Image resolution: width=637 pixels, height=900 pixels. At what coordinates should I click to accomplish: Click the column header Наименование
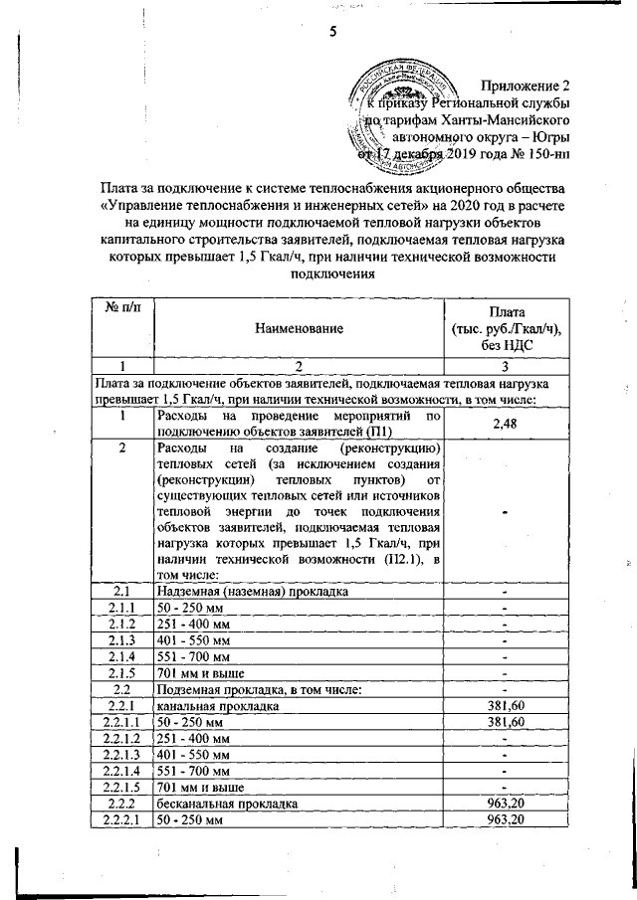298,327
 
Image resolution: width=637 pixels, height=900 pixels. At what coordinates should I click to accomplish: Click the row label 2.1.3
120,639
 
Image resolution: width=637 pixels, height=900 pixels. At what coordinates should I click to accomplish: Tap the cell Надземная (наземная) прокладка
251,592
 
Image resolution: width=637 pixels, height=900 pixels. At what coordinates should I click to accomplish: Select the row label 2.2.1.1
120,721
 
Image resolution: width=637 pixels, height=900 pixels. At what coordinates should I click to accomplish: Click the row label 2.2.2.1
120,817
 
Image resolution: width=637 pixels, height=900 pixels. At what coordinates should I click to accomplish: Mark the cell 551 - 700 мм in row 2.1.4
193,656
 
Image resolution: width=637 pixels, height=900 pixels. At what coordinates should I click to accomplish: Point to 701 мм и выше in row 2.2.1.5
201,786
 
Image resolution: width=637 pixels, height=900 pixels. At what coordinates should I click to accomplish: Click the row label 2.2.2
120,802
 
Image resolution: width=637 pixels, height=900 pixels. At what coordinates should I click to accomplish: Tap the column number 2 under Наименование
298,365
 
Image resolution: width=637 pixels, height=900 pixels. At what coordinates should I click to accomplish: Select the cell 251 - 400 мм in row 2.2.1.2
193,737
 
